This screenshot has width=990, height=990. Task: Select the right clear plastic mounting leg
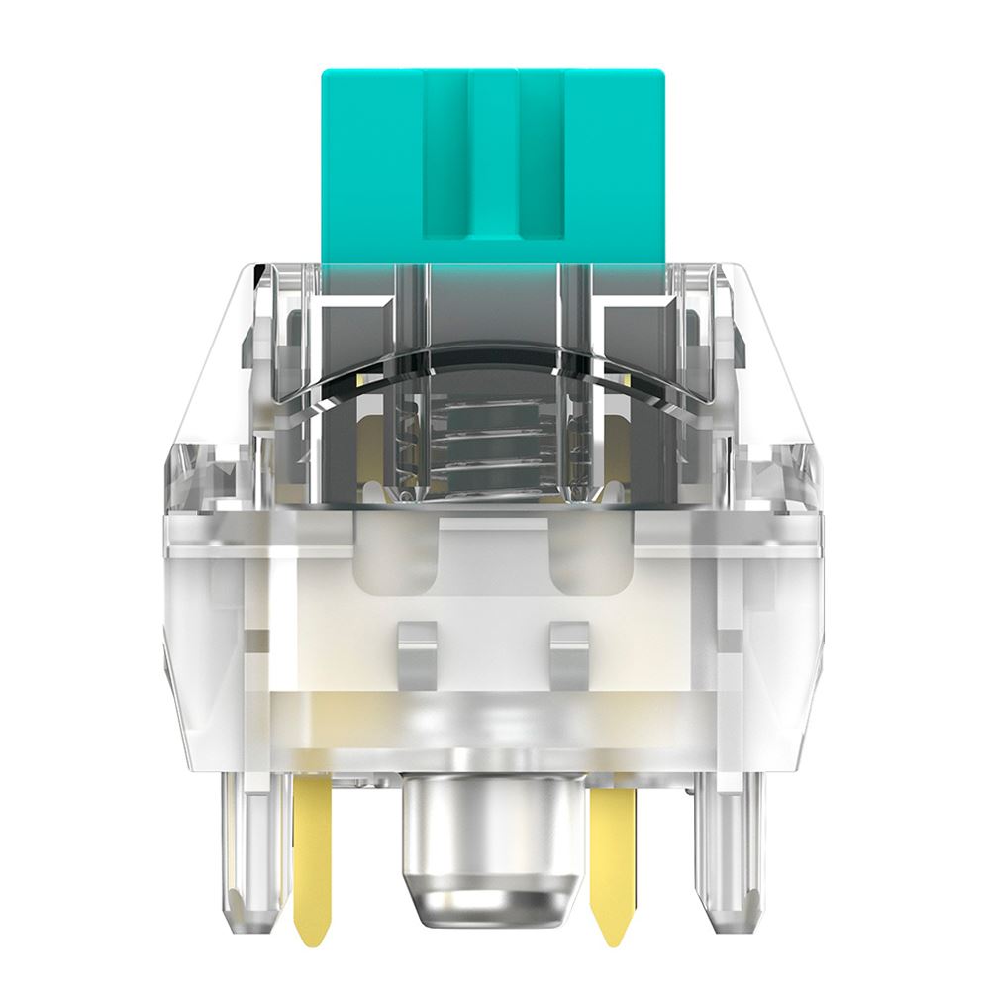click(x=728, y=851)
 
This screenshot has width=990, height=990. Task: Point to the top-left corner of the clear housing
click(x=255, y=272)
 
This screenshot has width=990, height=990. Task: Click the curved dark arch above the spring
click(x=493, y=361)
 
